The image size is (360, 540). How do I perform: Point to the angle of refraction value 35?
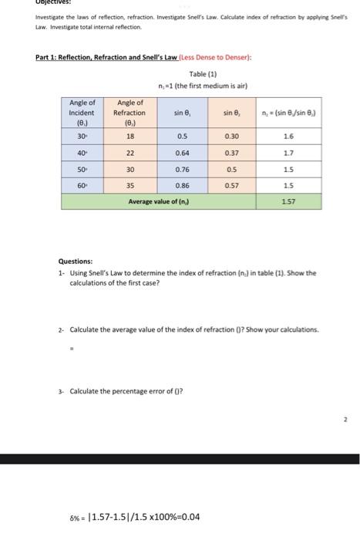(x=130, y=185)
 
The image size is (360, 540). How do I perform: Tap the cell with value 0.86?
(x=182, y=185)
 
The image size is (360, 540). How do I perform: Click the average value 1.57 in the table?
(x=288, y=201)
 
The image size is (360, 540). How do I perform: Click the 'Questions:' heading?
(x=76, y=261)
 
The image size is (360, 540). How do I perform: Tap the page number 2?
(x=346, y=420)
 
